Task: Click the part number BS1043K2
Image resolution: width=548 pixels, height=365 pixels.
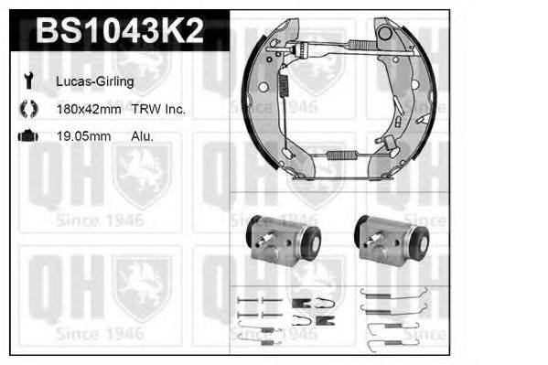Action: pyautogui.click(x=120, y=30)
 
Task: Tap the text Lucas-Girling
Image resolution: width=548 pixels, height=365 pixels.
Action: pyautogui.click(x=95, y=81)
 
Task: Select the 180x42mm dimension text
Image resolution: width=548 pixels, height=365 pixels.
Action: pyautogui.click(x=89, y=109)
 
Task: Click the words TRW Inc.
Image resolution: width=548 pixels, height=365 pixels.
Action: pyautogui.click(x=158, y=109)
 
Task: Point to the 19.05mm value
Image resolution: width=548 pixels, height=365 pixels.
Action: pyautogui.click(x=84, y=136)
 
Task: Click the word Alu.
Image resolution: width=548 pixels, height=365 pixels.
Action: pyautogui.click(x=142, y=136)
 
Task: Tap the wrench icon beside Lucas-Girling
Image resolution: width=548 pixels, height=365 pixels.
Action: pyautogui.click(x=28, y=81)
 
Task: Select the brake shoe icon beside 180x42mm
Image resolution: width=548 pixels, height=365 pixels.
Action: pyautogui.click(x=28, y=108)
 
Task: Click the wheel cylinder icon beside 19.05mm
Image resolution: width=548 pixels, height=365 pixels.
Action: pyautogui.click(x=28, y=135)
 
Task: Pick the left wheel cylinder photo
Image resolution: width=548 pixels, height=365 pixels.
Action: pyautogui.click(x=283, y=240)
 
